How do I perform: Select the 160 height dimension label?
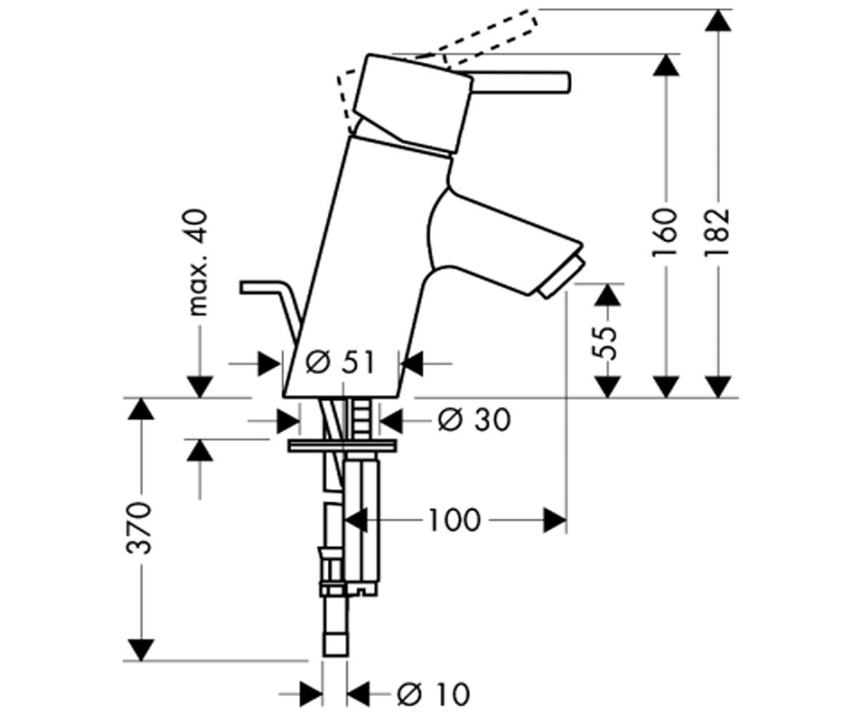[x=664, y=233]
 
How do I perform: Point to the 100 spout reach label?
[x=454, y=521]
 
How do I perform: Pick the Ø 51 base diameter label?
[x=340, y=363]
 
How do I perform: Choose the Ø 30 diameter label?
[x=474, y=421]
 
